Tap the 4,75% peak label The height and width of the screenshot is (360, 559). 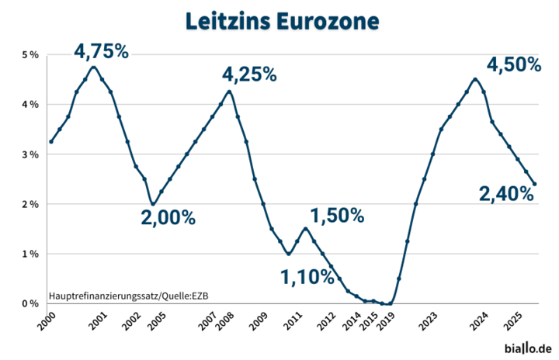point(102,51)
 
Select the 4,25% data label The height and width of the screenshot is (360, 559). point(249,74)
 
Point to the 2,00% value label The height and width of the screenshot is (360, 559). point(168,218)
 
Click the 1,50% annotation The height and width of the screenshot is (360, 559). point(337,216)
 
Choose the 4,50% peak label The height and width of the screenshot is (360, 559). point(513,65)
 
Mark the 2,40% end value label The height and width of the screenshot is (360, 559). point(507,195)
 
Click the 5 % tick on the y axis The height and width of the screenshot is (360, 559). point(30,54)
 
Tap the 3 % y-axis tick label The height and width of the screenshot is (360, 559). point(30,154)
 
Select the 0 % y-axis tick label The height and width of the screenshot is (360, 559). point(30,303)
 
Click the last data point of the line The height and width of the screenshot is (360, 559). point(535,184)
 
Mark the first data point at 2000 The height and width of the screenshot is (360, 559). point(50,141)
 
